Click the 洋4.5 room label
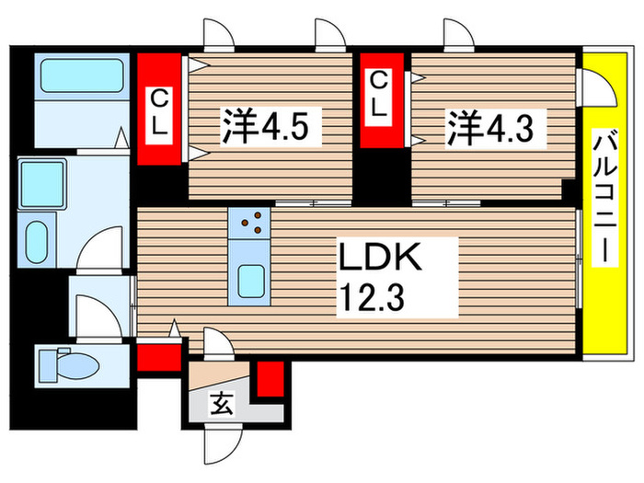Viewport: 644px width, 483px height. (x=270, y=126)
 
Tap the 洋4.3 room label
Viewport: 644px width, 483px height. (x=491, y=126)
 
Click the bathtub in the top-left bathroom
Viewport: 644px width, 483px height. (x=82, y=76)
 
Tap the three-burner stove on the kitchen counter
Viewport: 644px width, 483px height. (x=250, y=223)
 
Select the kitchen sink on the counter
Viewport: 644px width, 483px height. (x=250, y=281)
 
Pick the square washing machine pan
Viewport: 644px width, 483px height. (x=40, y=181)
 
